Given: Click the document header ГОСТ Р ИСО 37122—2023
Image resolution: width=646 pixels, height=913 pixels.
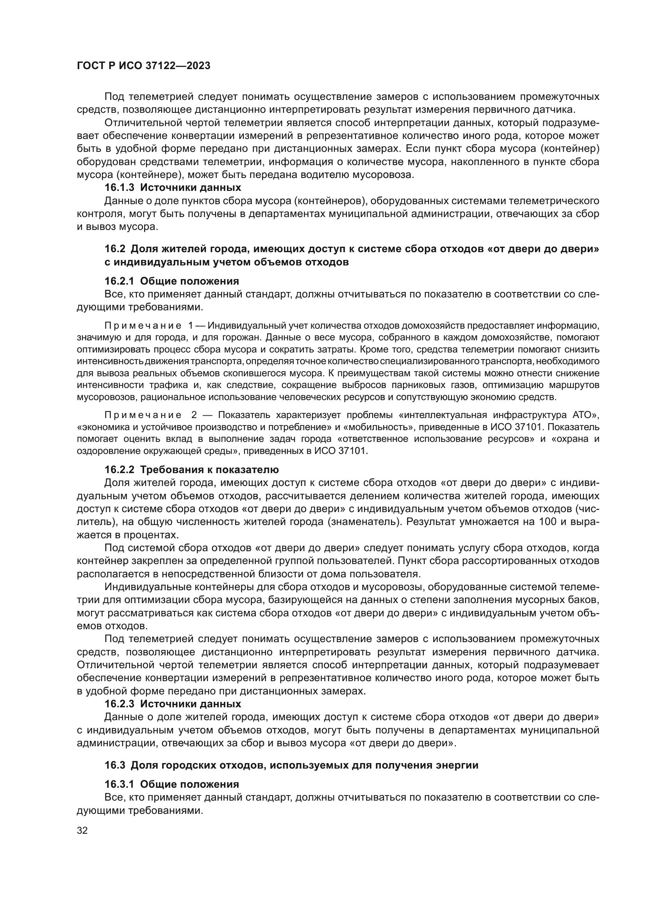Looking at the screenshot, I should pyautogui.click(x=143, y=66).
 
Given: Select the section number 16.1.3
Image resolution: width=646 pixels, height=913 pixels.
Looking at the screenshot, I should pyautogui.click(x=119, y=187).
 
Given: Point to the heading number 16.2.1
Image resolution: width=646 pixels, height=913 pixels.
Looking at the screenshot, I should pyautogui.click(x=119, y=281).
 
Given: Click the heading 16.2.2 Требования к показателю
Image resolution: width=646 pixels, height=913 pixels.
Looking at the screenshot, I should pyautogui.click(x=191, y=470).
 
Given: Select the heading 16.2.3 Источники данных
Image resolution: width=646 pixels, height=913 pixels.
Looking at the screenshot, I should pyautogui.click(x=173, y=704).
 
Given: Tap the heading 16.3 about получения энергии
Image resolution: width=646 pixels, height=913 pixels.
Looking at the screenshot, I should pyautogui.click(x=291, y=765).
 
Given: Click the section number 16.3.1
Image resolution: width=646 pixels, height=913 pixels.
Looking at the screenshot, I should pyautogui.click(x=119, y=784).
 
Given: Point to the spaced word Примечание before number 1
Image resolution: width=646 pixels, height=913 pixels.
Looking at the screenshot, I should pyautogui.click(x=143, y=326).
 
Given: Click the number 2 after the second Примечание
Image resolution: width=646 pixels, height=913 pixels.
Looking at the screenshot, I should pyautogui.click(x=194, y=415).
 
